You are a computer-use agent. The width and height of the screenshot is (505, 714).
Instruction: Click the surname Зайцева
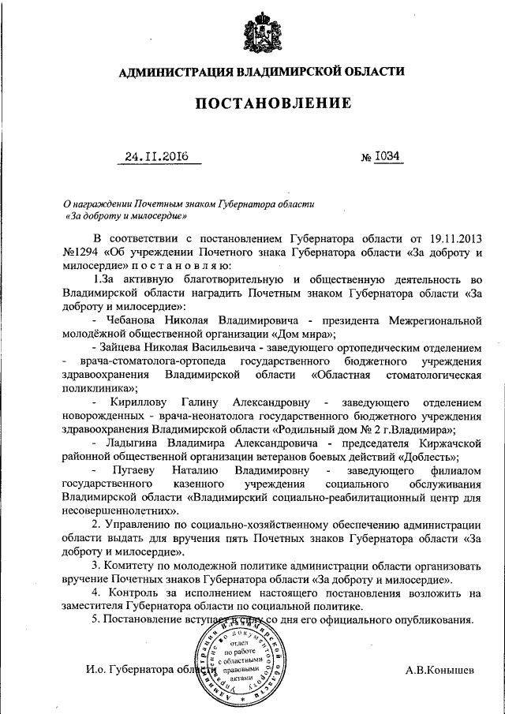point(126,347)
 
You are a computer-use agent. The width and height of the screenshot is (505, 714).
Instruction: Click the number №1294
point(79,252)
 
